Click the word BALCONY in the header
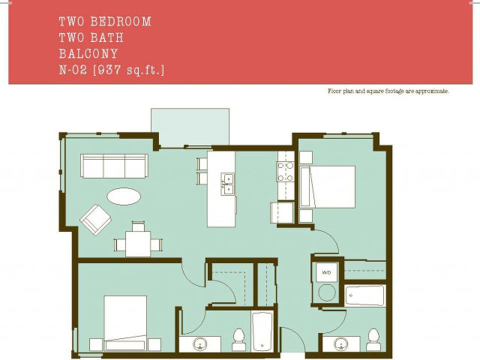88,53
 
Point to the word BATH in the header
107,37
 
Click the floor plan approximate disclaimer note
387,91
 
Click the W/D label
326,273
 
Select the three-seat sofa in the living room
114,165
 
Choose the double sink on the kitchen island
227,183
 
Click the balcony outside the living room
190,127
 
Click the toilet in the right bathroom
372,338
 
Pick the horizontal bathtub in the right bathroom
365,295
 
